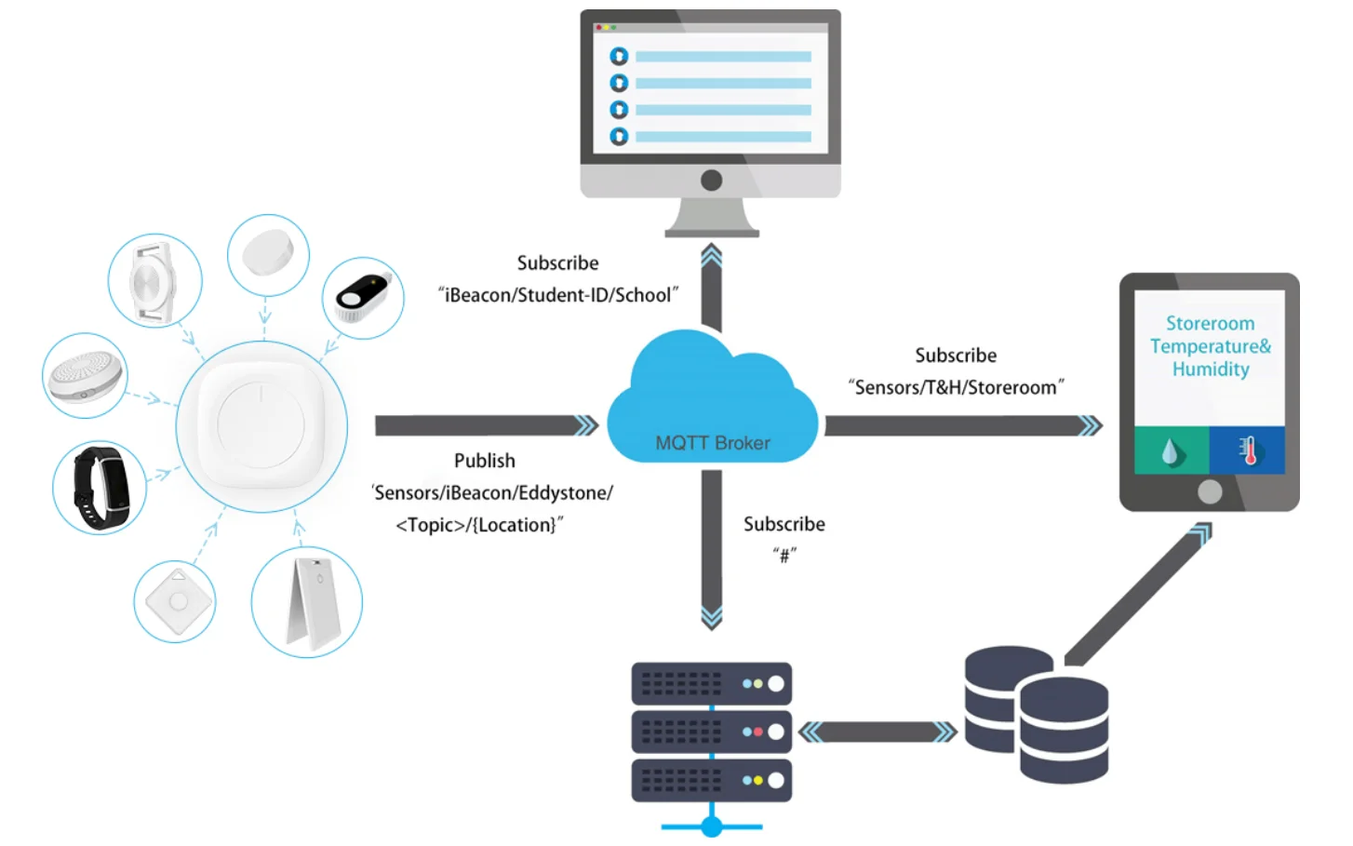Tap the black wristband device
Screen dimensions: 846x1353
[x=100, y=488]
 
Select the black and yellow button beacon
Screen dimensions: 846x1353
[x=363, y=297]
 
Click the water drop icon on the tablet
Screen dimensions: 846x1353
[x=1172, y=451]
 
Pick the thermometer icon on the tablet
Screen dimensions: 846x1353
[x=1248, y=450]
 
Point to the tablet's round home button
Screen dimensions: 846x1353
[x=1210, y=491]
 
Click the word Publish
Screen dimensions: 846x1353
[x=484, y=461]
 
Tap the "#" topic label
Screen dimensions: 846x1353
[x=784, y=556]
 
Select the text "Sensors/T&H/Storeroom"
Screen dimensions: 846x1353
[x=956, y=387]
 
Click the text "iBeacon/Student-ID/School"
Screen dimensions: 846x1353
[x=557, y=295]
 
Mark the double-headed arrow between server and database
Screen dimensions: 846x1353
[x=878, y=732]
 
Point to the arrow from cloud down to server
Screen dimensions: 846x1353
[x=712, y=549]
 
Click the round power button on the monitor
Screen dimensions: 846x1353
[x=712, y=180]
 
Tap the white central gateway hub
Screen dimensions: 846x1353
[x=261, y=425]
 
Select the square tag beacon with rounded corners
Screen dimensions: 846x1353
[x=175, y=601]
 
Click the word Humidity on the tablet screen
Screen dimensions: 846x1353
[x=1210, y=369]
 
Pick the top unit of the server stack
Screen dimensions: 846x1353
[x=712, y=684]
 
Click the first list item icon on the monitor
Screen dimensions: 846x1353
[x=619, y=57]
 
